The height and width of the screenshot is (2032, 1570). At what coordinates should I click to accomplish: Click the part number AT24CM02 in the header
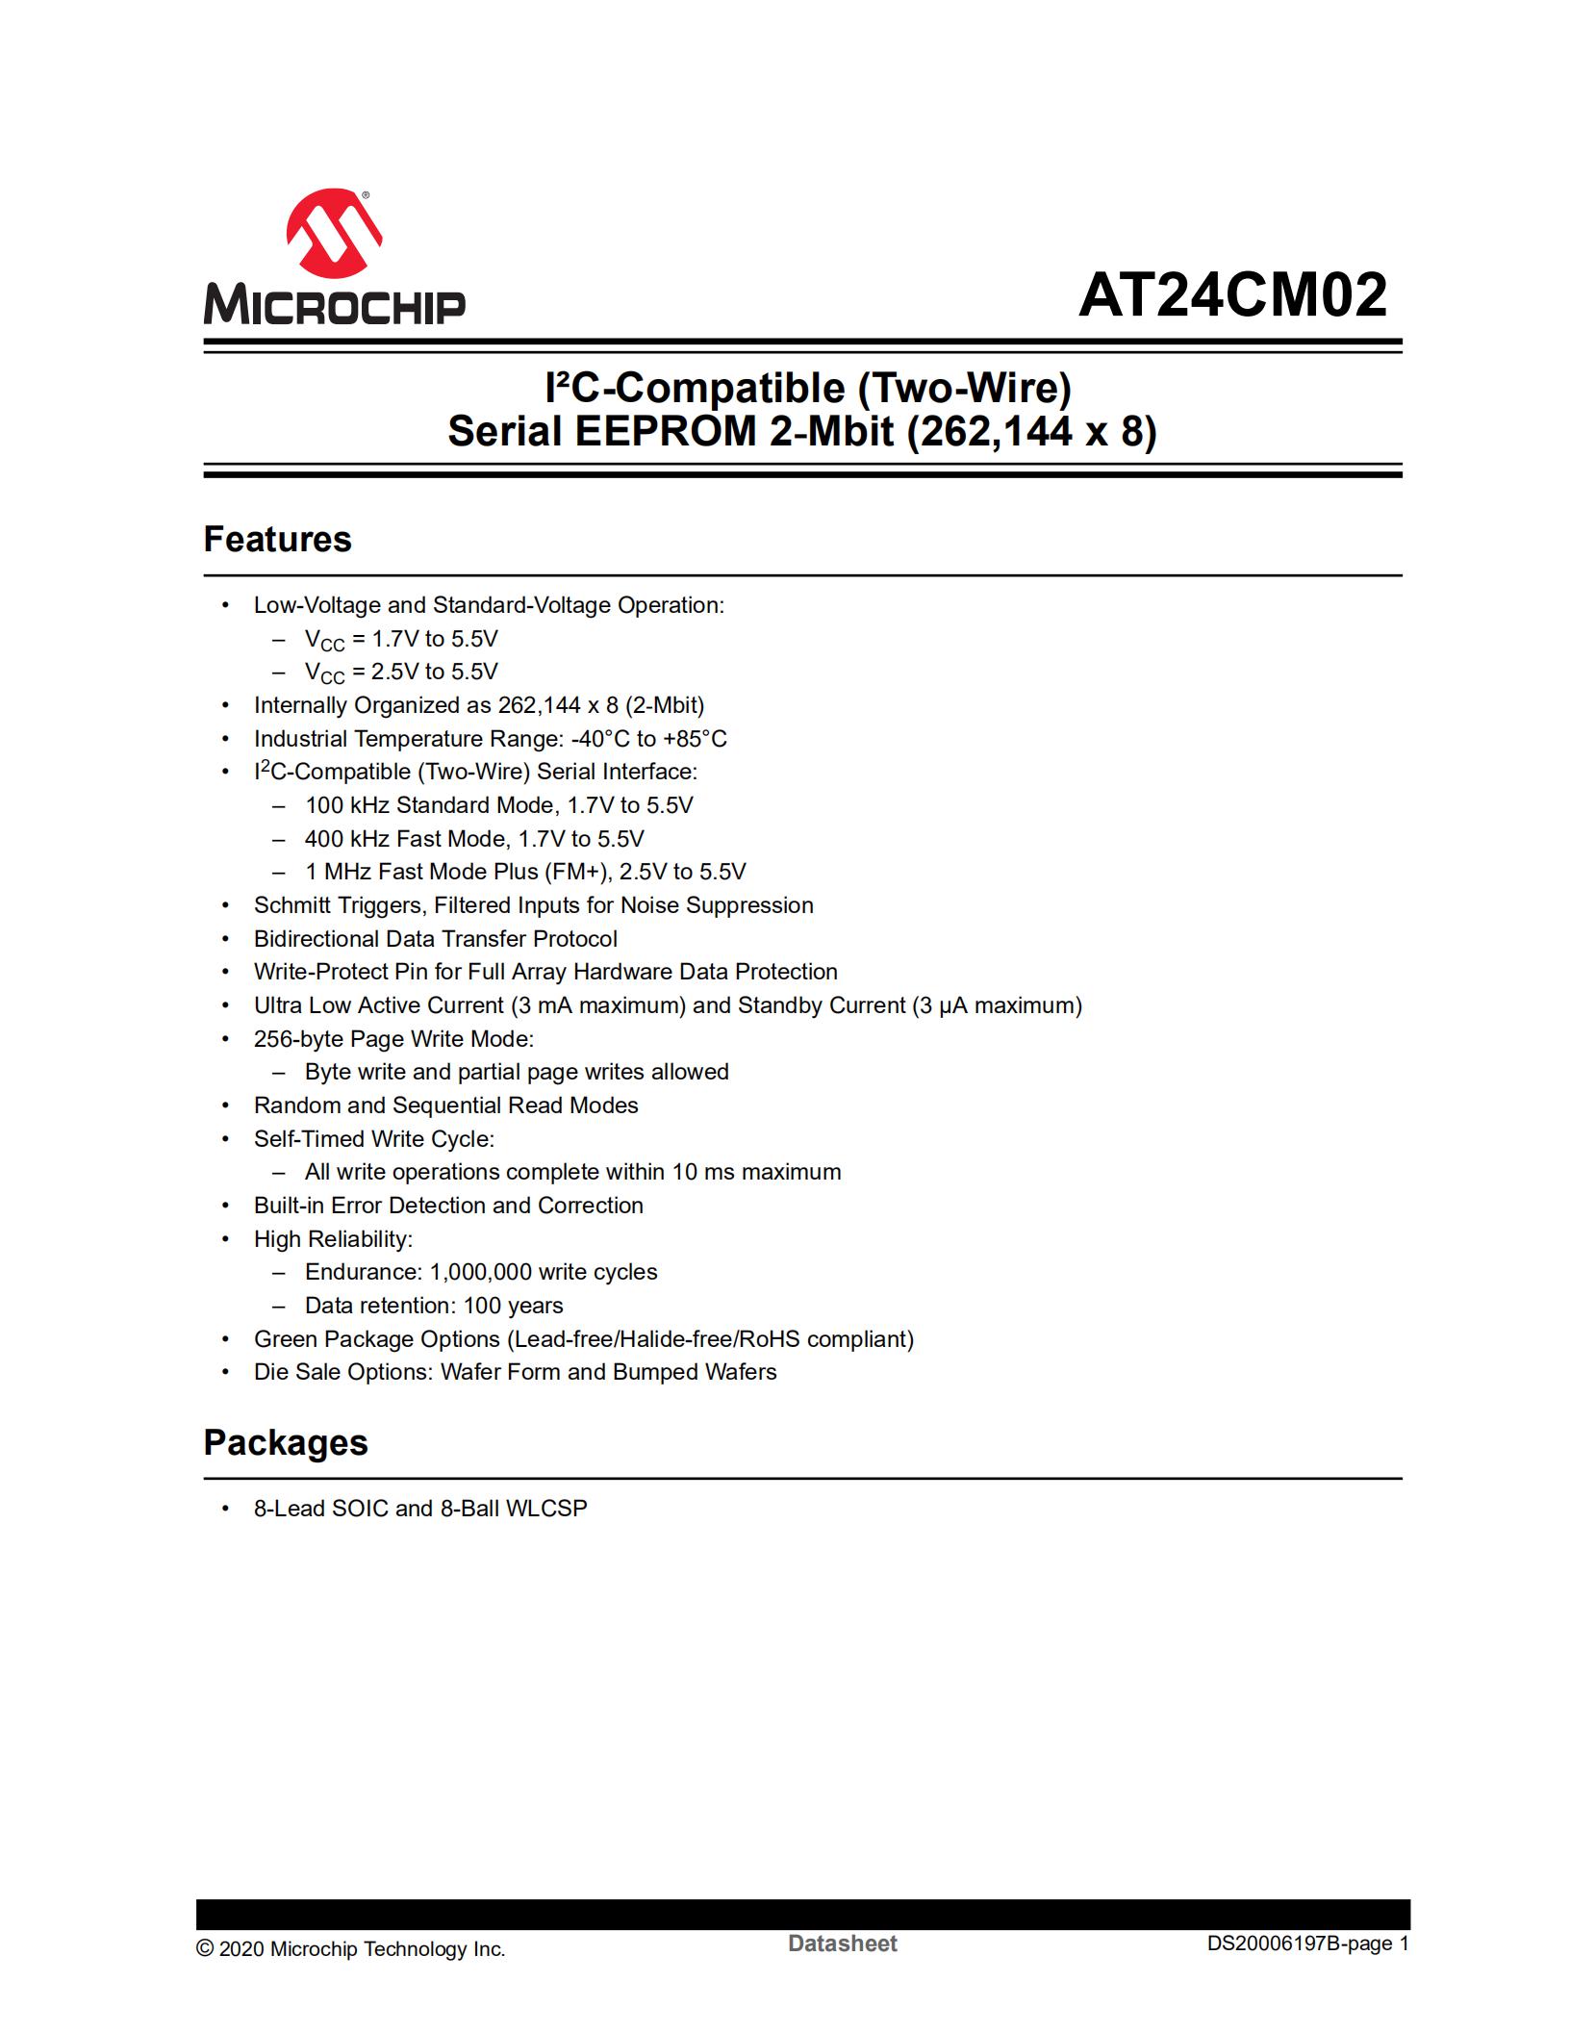click(x=1232, y=295)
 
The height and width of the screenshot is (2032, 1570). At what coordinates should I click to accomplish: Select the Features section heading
click(x=277, y=540)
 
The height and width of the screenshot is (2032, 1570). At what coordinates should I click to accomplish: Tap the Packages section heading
click(x=285, y=1443)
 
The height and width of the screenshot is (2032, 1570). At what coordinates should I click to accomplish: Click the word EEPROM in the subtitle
click(x=666, y=431)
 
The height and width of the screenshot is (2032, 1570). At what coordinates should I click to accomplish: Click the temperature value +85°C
click(x=695, y=739)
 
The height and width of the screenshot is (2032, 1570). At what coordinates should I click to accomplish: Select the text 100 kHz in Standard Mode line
click(x=346, y=805)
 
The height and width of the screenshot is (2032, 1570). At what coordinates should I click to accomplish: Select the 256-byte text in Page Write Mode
click(x=297, y=1039)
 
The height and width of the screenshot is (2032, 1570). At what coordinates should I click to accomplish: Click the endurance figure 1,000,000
click(x=480, y=1272)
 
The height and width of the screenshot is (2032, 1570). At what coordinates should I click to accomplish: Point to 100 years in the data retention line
click(x=513, y=1306)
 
